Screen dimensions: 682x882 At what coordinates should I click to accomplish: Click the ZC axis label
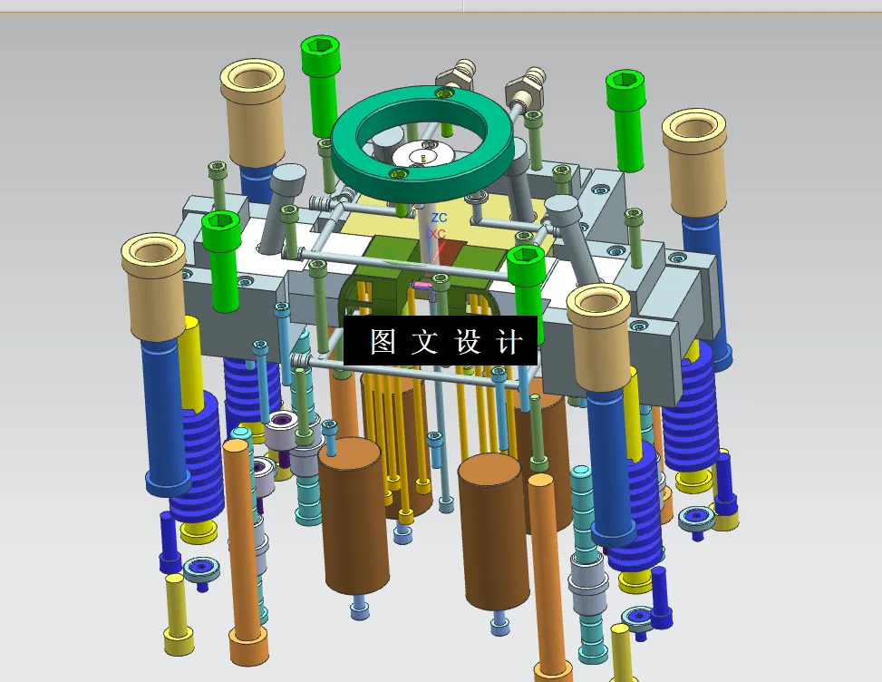(x=439, y=218)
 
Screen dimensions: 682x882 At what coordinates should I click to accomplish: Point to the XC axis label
(x=437, y=234)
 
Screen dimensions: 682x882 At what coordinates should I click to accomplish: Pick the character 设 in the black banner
(x=468, y=342)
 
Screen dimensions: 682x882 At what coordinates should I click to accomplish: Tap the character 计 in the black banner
(x=510, y=342)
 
